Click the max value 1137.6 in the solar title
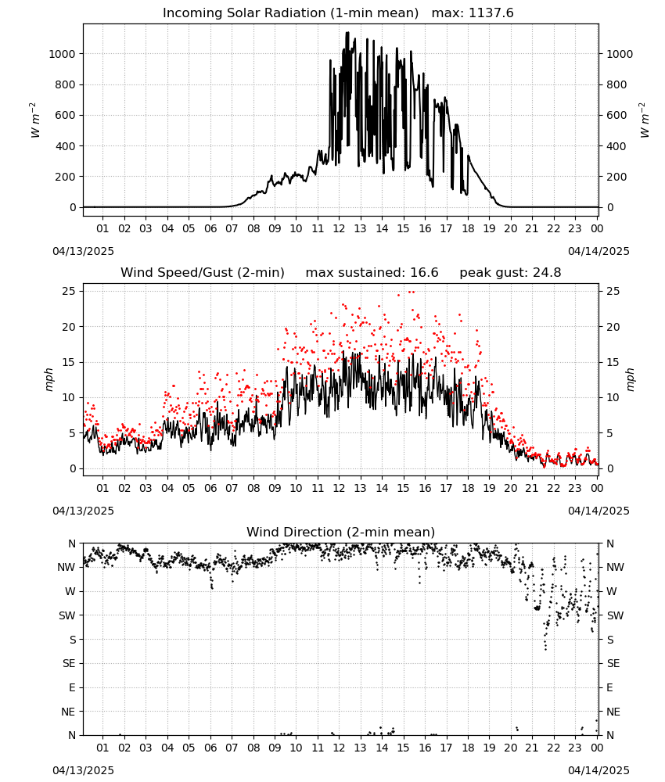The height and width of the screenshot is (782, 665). (491, 13)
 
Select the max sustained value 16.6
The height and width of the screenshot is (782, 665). (424, 272)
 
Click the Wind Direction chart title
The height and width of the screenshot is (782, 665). (341, 532)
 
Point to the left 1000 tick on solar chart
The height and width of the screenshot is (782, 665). (63, 54)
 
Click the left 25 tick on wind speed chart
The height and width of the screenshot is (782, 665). (70, 291)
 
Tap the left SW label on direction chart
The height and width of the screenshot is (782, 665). (67, 615)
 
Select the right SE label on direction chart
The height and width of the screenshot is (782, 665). (613, 663)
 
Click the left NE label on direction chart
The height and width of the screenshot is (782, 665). (68, 712)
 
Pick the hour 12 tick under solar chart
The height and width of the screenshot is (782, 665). (339, 228)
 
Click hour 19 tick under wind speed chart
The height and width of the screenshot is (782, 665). (490, 488)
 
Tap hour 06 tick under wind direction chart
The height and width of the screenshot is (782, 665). (210, 748)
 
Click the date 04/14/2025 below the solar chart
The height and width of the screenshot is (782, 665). (598, 251)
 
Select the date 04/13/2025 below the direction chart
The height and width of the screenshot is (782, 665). (83, 770)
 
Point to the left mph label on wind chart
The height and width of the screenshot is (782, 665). (49, 379)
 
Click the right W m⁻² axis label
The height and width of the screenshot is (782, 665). (644, 120)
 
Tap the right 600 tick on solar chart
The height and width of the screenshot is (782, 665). (616, 115)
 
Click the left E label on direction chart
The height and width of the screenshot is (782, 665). (72, 687)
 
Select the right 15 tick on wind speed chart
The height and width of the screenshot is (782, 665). (613, 362)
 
